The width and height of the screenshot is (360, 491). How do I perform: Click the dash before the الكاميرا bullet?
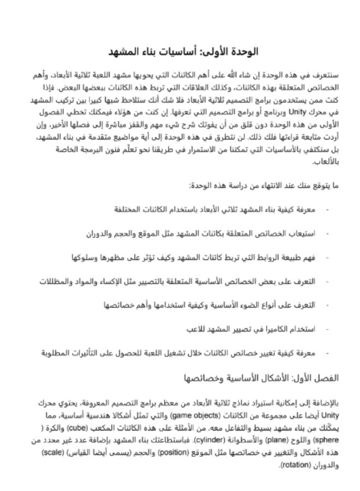(327, 330)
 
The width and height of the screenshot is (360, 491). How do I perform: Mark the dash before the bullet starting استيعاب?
(327, 233)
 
